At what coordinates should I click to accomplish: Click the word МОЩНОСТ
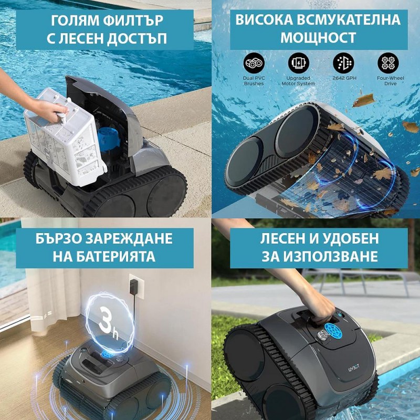[x=318, y=37]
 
